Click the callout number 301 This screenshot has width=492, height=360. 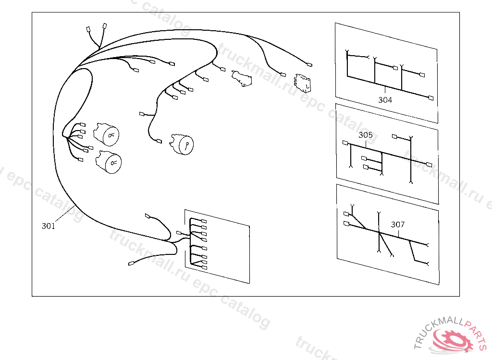coord(49,226)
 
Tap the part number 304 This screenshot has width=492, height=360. coord(385,100)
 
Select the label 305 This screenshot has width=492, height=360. coord(366,135)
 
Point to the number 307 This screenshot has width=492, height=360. coord(398,225)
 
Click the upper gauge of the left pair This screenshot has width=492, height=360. coord(106,134)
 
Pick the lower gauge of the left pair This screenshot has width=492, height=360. coord(109,162)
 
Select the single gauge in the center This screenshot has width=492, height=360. coord(182,144)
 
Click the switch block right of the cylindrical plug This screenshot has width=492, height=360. coord(303,83)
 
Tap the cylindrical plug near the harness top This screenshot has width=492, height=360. coord(241,78)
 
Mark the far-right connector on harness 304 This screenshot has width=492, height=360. coord(431,98)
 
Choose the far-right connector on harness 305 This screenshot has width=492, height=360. coord(430,165)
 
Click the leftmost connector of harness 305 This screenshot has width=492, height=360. coord(345,143)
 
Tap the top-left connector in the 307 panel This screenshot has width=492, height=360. coord(346,214)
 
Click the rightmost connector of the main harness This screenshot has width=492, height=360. coord(310,65)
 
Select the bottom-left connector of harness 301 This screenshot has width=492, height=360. coord(131,264)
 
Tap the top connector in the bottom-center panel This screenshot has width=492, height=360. coord(204,221)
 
